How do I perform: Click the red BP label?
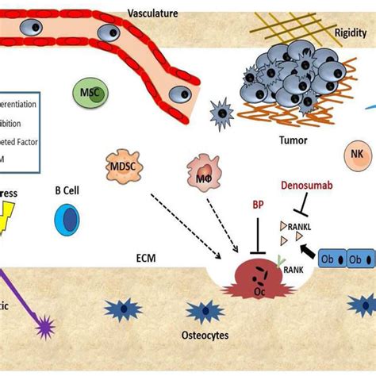pyautogui.click(x=258, y=204)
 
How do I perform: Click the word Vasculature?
pyautogui.click(x=152, y=13)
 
